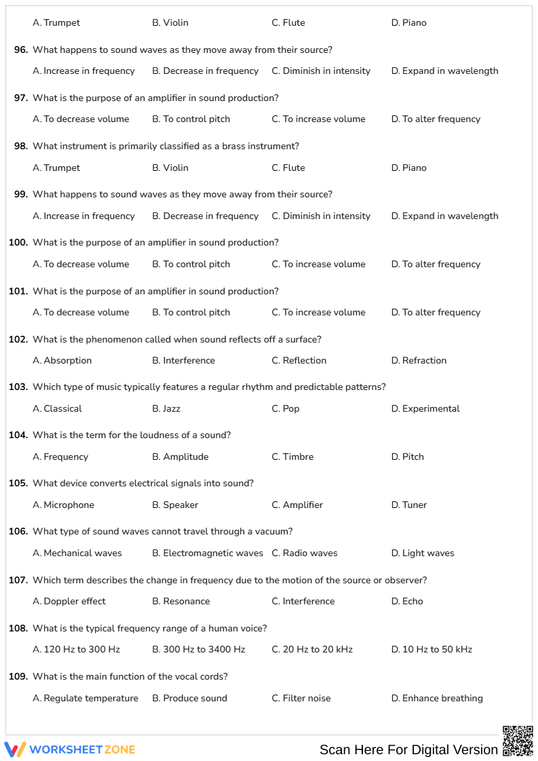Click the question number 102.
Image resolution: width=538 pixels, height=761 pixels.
pyautogui.click(x=18, y=339)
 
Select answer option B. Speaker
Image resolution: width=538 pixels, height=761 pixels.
pyautogui.click(x=175, y=505)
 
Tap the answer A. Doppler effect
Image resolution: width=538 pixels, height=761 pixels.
pyautogui.click(x=69, y=601)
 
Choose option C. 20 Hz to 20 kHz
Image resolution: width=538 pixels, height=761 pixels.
pyautogui.click(x=312, y=649)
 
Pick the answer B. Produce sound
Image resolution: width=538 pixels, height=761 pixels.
pyautogui.click(x=189, y=698)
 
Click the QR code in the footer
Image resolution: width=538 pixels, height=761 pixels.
pyautogui.click(x=518, y=741)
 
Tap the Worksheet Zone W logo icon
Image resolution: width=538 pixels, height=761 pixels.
pyautogui.click(x=15, y=749)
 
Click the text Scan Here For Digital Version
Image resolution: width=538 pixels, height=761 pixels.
pyautogui.click(x=408, y=749)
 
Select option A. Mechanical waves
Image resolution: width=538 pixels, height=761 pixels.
pyautogui.click(x=77, y=553)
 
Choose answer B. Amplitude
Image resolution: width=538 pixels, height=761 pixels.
pyautogui.click(x=180, y=456)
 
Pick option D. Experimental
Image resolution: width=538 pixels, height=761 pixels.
pyautogui.click(x=425, y=408)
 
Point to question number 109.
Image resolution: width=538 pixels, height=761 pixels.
pyautogui.click(x=18, y=676)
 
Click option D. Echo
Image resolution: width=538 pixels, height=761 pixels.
pyautogui.click(x=407, y=601)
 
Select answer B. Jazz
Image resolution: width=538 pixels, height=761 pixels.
pyautogui.click(x=166, y=408)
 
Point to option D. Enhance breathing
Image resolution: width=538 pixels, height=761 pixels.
pyautogui.click(x=437, y=698)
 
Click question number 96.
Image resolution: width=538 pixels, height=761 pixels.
pyautogui.click(x=21, y=50)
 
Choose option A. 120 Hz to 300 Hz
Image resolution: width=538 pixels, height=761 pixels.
pyautogui.click(x=76, y=649)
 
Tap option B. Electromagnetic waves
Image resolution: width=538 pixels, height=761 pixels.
pyautogui.click(x=208, y=553)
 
